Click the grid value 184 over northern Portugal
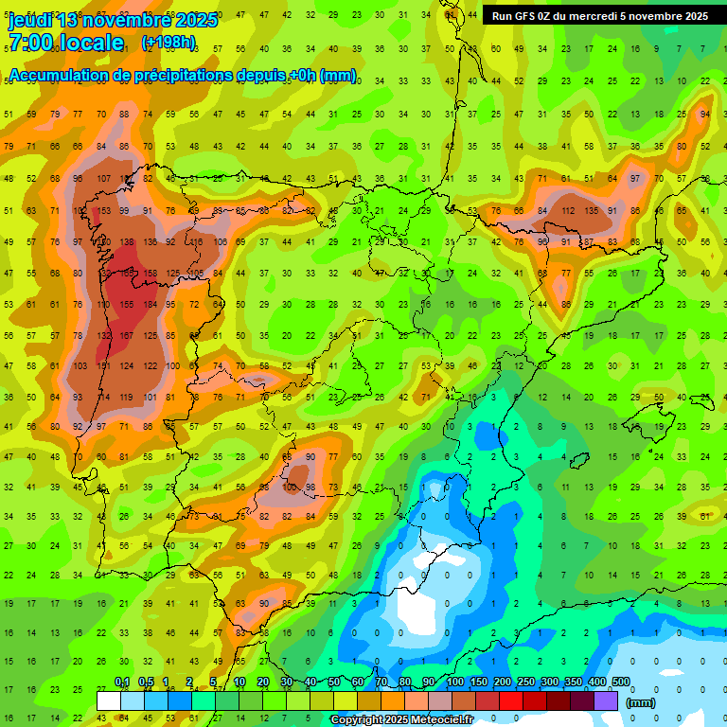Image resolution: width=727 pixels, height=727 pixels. (x=149, y=305)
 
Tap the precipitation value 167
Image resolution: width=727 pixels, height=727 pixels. (x=126, y=336)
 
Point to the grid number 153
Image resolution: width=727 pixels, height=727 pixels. (x=104, y=210)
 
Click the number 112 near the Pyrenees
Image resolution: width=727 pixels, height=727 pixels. (x=567, y=210)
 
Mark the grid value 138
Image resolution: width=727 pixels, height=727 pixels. (x=126, y=242)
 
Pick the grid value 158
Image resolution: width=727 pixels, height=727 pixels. (x=149, y=274)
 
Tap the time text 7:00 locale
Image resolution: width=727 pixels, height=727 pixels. (x=65, y=43)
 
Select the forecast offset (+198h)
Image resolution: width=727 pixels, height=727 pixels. (x=168, y=43)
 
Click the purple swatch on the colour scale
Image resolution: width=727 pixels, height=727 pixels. (x=607, y=700)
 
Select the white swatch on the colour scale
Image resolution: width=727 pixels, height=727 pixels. (x=109, y=700)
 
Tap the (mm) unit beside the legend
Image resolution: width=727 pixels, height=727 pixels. (x=641, y=702)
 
